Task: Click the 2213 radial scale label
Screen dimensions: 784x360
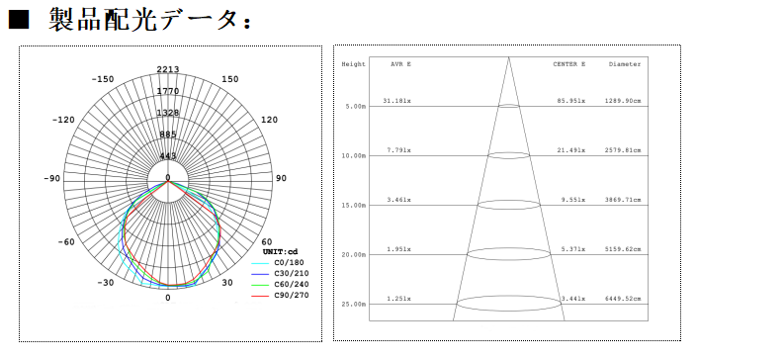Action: point(168,69)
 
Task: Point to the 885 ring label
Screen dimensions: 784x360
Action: point(168,135)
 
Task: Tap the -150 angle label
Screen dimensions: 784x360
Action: point(102,79)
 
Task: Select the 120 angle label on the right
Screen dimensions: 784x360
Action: point(269,120)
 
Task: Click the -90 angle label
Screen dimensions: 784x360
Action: point(52,178)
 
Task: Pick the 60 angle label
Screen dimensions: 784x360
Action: point(267,242)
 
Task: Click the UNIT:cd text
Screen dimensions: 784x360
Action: point(280,251)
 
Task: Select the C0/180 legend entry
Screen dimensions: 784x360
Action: point(289,262)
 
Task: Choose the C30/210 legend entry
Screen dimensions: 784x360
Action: point(292,274)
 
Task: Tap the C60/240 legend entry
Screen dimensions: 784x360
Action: point(292,285)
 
